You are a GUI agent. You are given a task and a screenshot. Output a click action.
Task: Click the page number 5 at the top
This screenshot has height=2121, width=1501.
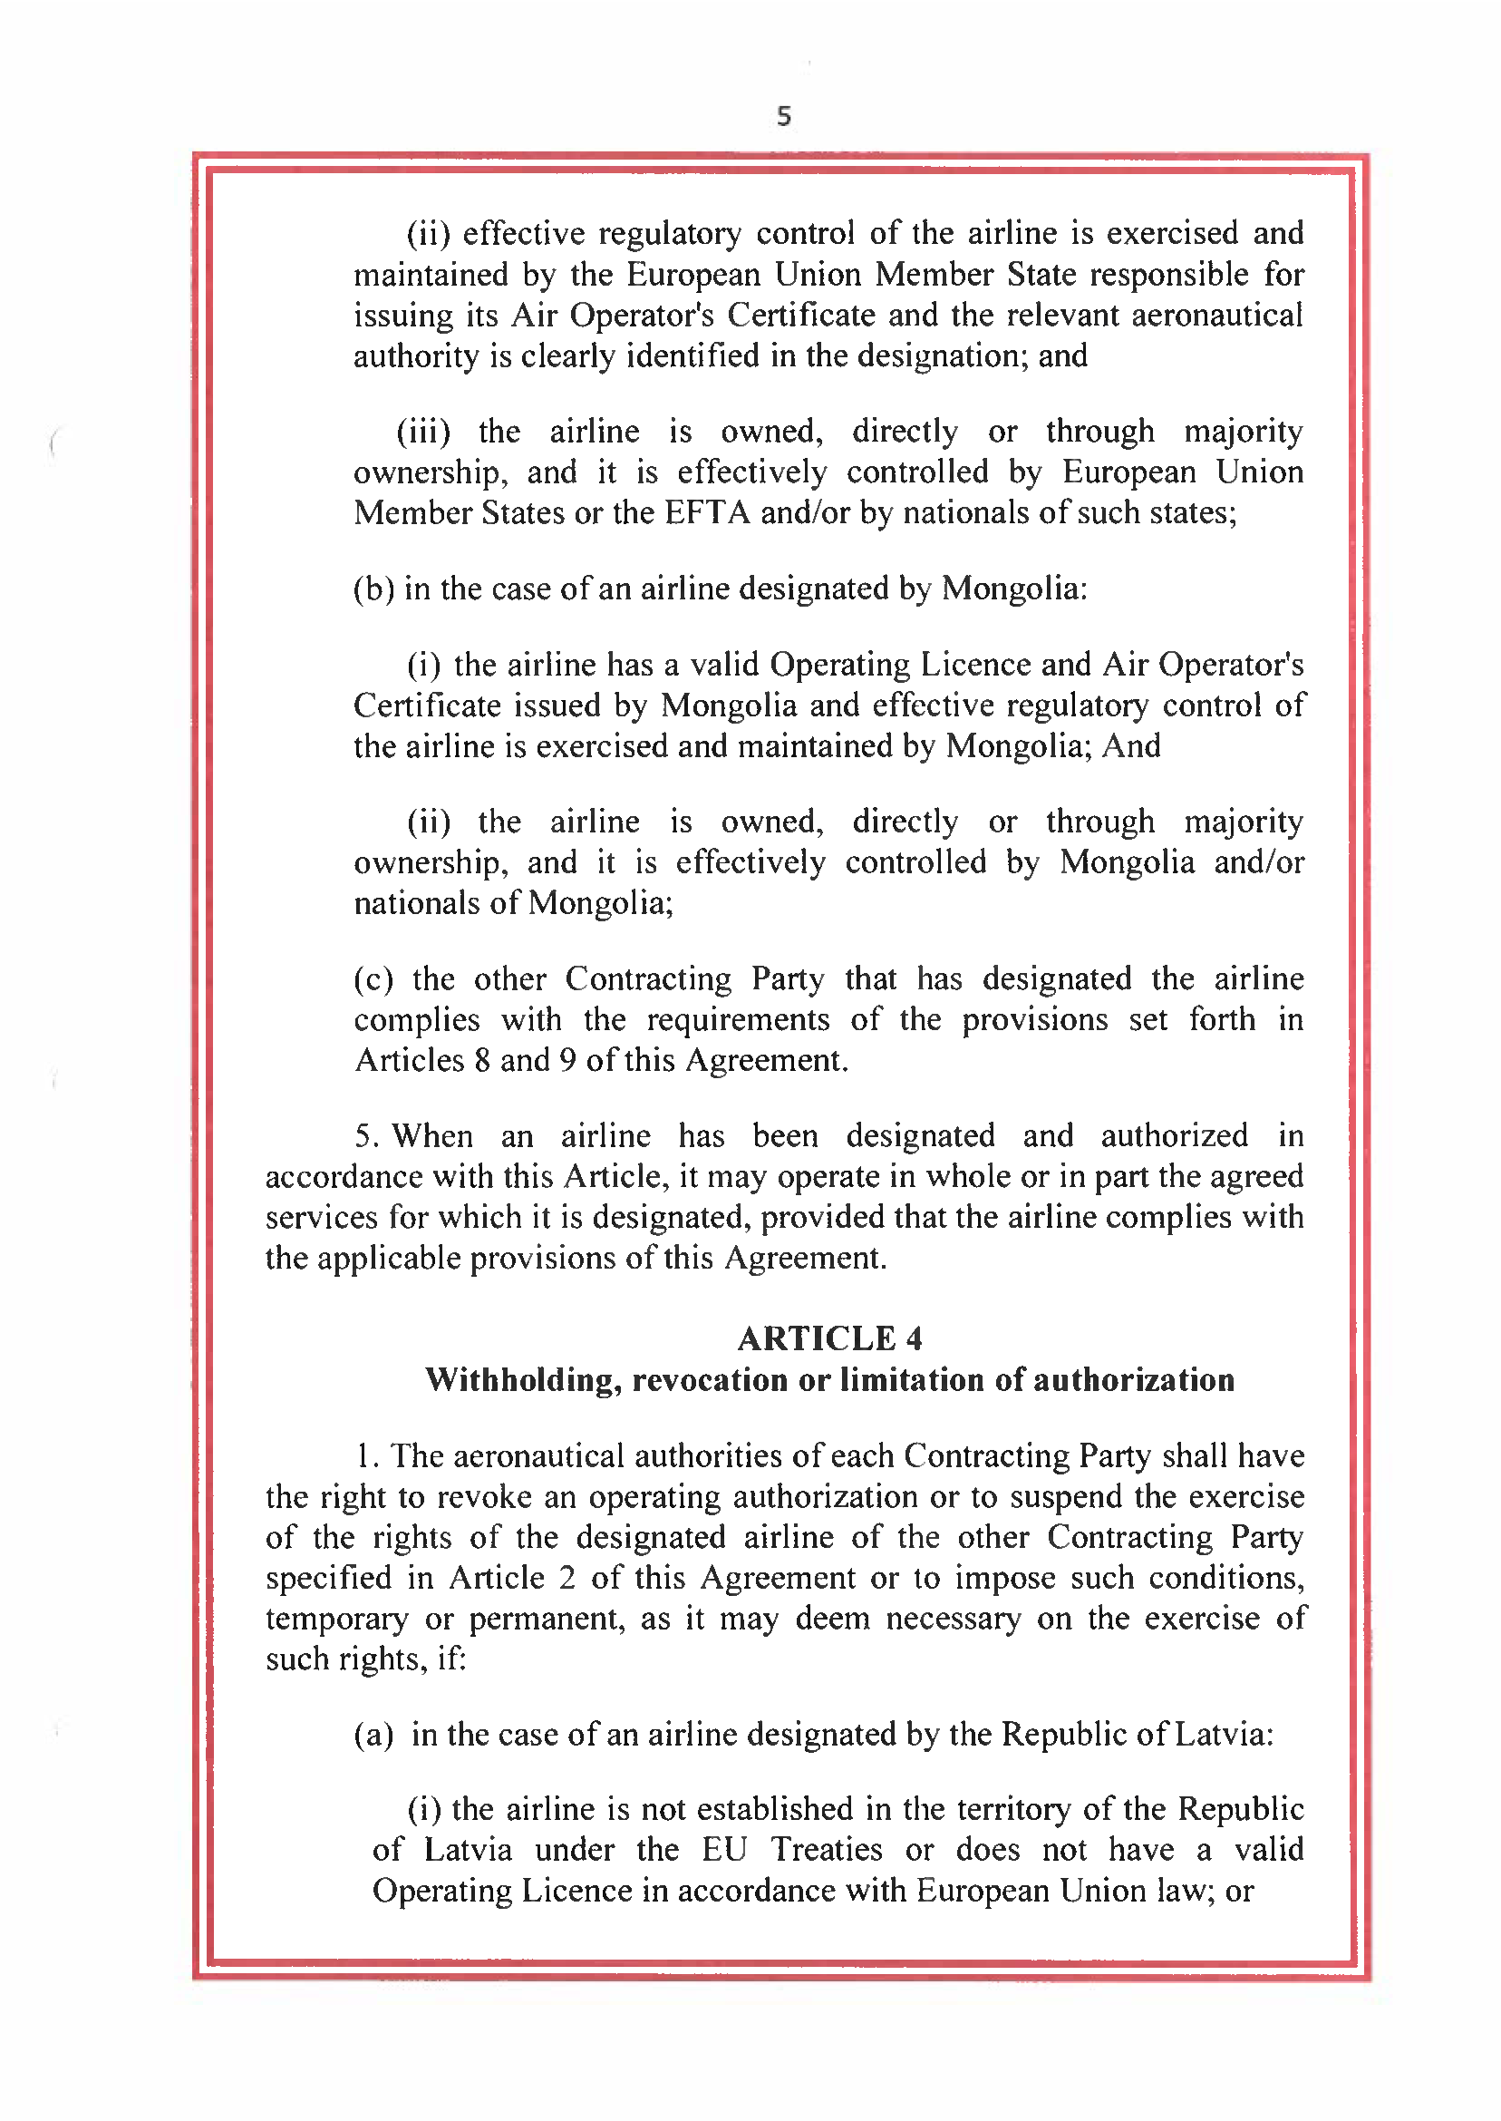[784, 115]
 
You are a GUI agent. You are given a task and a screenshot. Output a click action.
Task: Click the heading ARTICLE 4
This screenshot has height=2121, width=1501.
[829, 1338]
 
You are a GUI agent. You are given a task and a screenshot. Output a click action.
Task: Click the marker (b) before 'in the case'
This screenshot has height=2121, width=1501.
[373, 589]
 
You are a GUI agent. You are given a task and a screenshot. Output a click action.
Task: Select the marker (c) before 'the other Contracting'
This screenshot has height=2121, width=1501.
[373, 979]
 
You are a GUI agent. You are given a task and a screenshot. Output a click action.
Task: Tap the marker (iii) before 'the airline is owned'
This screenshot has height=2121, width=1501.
[423, 432]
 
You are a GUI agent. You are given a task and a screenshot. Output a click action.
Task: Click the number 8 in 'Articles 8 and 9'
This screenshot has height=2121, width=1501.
[482, 1061]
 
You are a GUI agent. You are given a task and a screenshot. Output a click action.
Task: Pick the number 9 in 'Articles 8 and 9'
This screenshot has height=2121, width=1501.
[567, 1061]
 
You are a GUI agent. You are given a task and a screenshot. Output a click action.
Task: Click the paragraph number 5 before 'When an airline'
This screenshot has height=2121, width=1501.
[364, 1136]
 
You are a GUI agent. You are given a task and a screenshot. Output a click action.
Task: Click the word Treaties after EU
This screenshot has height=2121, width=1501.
[827, 1850]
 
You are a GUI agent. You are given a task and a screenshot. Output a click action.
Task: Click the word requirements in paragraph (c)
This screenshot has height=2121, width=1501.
[738, 1020]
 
